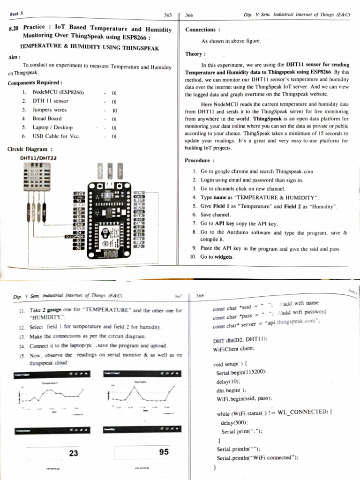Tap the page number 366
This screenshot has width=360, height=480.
click(x=189, y=15)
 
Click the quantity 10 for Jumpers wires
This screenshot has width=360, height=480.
click(x=114, y=110)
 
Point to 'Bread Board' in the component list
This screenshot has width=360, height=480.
click(x=47, y=119)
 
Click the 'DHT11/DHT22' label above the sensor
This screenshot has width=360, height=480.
click(x=38, y=158)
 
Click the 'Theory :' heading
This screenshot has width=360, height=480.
click(x=195, y=54)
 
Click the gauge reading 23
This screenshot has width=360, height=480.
click(x=74, y=453)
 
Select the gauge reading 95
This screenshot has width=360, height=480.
click(x=164, y=452)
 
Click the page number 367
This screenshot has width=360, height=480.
click(x=178, y=296)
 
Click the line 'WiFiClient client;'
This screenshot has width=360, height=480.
click(x=233, y=349)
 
